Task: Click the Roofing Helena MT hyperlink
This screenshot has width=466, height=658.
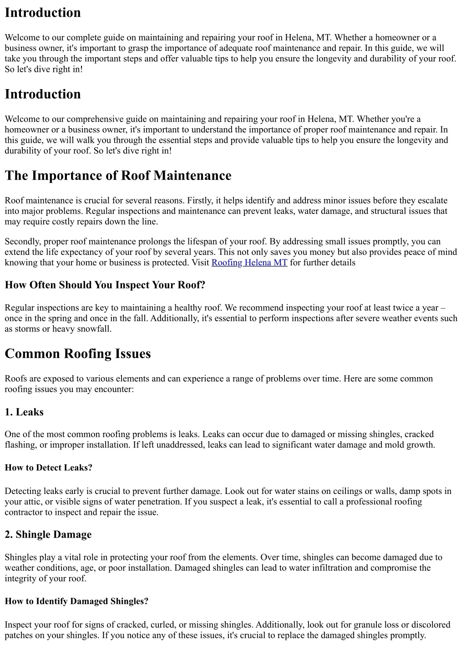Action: (x=249, y=263)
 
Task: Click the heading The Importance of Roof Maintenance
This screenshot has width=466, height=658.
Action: (x=118, y=176)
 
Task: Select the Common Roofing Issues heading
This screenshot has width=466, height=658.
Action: (x=77, y=354)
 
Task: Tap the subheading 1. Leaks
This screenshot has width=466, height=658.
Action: (x=24, y=412)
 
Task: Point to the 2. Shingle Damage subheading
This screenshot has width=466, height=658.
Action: (x=48, y=534)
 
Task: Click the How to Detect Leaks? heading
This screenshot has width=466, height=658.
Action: (x=48, y=468)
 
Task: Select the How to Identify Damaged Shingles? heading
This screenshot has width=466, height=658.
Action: (x=76, y=601)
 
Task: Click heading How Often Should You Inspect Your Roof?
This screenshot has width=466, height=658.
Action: (x=105, y=285)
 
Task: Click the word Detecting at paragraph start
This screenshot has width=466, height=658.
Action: (x=23, y=491)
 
